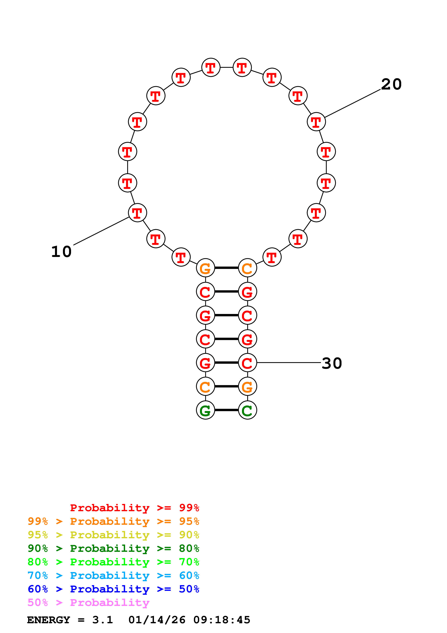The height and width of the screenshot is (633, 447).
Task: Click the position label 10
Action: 61,252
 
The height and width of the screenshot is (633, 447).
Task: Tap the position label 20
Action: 391,84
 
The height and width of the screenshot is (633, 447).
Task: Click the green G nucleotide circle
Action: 205,410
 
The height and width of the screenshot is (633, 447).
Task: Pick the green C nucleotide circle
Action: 247,410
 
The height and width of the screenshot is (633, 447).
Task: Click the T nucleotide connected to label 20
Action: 316,122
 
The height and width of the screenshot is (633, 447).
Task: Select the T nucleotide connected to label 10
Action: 137,213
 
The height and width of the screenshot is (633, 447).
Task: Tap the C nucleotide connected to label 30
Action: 247,363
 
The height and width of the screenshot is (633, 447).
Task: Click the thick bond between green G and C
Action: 226,410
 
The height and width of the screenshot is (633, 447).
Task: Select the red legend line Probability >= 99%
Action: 134,508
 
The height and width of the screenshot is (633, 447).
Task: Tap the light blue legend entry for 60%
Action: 113,576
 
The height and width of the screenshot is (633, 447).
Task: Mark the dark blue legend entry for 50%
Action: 113,589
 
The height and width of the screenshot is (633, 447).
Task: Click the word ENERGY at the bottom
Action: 49,620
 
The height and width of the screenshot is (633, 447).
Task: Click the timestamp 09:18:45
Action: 222,620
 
